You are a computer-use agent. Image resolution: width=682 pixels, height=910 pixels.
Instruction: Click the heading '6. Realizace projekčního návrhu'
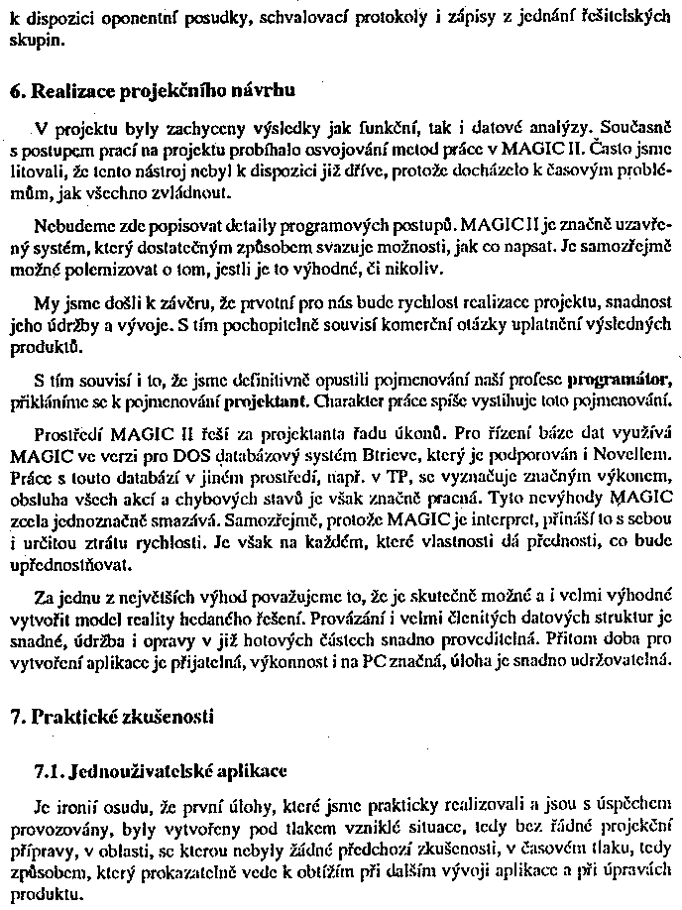coord(153,92)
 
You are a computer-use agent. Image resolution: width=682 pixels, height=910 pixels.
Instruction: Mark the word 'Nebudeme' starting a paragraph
coord(66,224)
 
